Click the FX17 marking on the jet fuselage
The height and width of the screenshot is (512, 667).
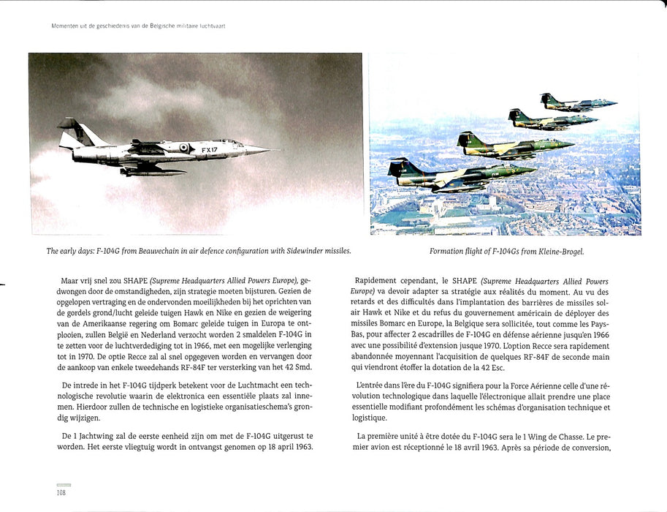(210, 148)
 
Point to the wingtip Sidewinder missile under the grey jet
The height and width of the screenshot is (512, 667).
(153, 173)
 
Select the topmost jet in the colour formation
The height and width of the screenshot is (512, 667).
(577, 102)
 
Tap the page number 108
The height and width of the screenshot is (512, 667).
(63, 493)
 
